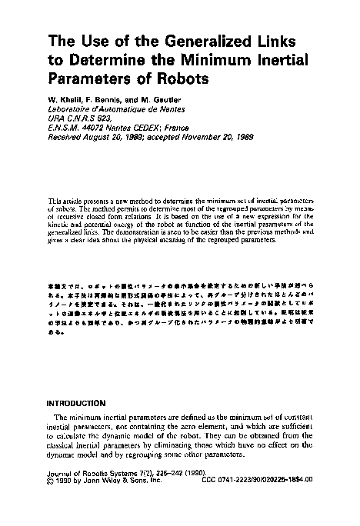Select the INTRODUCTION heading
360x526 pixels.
75,402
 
